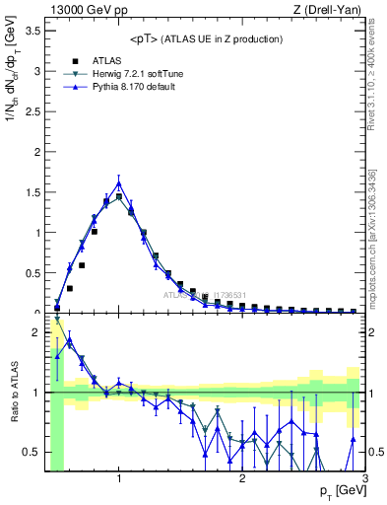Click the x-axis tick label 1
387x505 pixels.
(119, 479)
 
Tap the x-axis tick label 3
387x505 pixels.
(364, 479)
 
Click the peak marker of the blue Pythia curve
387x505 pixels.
(119, 182)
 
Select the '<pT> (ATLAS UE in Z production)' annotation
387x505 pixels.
(205, 38)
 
